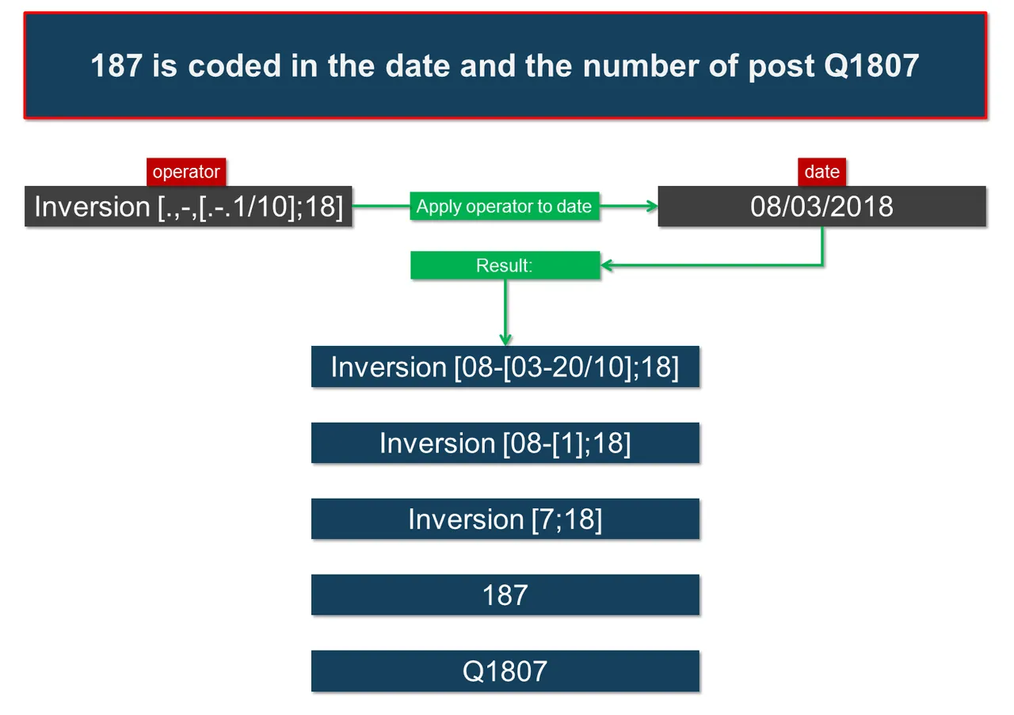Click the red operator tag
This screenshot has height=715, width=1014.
pyautogui.click(x=186, y=172)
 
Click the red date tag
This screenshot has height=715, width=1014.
pyautogui.click(x=821, y=172)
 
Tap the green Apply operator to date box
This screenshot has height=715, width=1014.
pyautogui.click(x=505, y=206)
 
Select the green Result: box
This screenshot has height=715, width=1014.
pyautogui.click(x=505, y=265)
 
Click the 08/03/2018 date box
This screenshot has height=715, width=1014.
pyautogui.click(x=821, y=206)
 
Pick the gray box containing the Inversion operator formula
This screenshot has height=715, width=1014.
pyautogui.click(x=189, y=206)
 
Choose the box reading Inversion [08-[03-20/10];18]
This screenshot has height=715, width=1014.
pyautogui.click(x=505, y=367)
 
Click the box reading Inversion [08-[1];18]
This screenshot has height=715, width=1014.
pyautogui.click(x=505, y=443)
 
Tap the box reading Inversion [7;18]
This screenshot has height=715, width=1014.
pyautogui.click(x=505, y=519)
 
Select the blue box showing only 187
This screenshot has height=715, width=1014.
pyautogui.click(x=505, y=595)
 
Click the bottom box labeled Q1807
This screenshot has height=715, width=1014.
pyautogui.click(x=505, y=671)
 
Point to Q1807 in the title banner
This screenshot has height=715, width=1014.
pyautogui.click(x=871, y=66)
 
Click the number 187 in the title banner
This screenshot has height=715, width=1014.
pyautogui.click(x=116, y=66)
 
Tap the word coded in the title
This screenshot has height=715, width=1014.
pyautogui.click(x=234, y=66)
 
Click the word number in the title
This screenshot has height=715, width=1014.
pyautogui.click(x=640, y=66)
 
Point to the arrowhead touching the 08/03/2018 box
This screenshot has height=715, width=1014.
pyautogui.click(x=653, y=207)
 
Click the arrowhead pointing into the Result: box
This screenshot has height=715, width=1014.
pyautogui.click(x=606, y=265)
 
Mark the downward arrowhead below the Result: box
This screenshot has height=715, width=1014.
pyautogui.click(x=505, y=340)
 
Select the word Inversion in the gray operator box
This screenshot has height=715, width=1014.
pyautogui.click(x=92, y=207)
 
